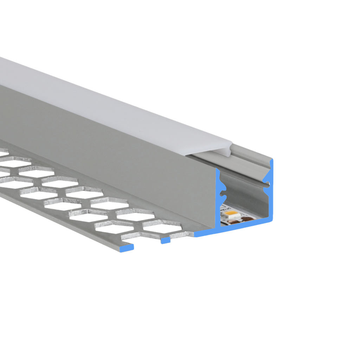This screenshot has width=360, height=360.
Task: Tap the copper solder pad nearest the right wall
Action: pyautogui.click(x=247, y=219)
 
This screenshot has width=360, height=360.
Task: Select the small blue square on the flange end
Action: pyautogui.click(x=165, y=240)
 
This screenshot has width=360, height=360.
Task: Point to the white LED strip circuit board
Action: pyautogui.click(x=225, y=211)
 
